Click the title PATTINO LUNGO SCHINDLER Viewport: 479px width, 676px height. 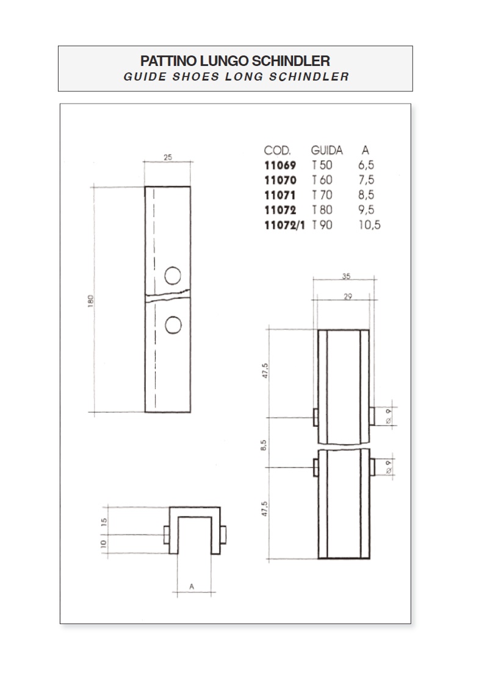click(235, 61)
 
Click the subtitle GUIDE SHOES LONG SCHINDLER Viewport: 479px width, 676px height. click(236, 77)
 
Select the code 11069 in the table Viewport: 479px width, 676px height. click(280, 165)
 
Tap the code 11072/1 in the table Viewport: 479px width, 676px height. click(284, 225)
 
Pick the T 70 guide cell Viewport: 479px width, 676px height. click(322, 195)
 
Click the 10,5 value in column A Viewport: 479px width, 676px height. click(369, 225)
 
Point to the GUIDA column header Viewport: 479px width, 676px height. click(326, 151)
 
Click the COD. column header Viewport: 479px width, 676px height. click(278, 151)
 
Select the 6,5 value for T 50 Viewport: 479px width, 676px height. click(366, 165)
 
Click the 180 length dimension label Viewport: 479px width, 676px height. click(91, 301)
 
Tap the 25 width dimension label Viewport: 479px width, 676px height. click(168, 157)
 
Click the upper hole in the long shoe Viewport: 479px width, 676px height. click(173, 276)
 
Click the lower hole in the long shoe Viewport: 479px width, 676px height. click(173, 325)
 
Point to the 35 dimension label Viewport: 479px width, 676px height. click(346, 276)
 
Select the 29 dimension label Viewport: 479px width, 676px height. click(348, 296)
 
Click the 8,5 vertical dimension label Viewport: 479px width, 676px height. click(265, 445)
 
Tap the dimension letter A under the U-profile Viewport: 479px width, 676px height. click(192, 587)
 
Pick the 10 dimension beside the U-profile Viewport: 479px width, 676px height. click(104, 544)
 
